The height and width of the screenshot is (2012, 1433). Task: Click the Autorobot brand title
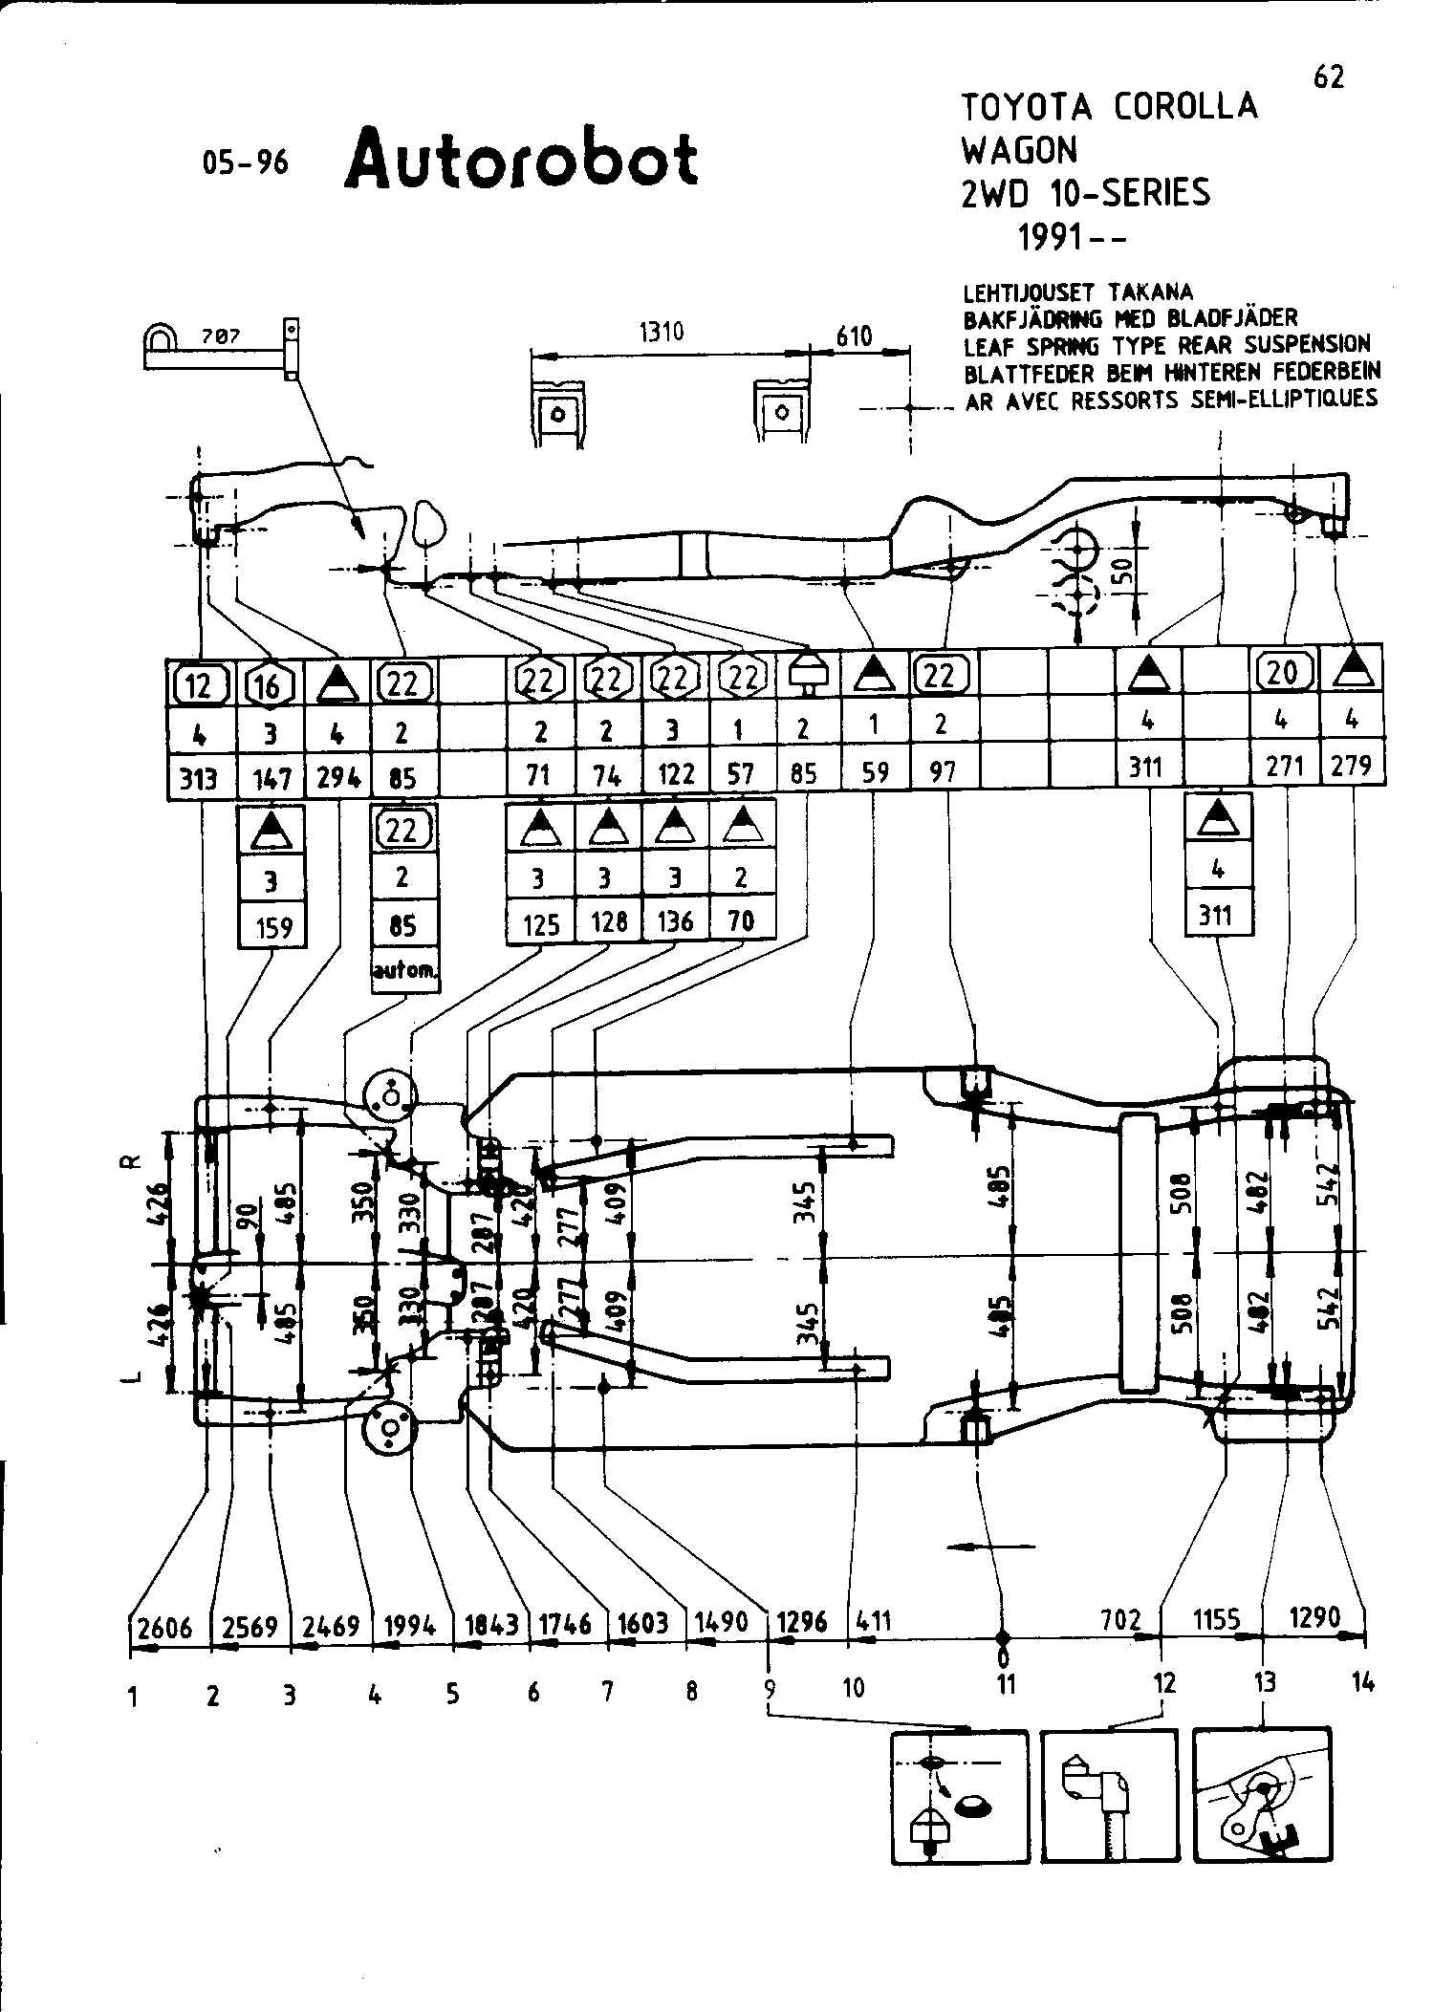(521, 159)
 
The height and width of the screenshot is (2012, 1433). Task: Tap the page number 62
(1328, 76)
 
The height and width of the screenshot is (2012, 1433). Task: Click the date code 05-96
(245, 162)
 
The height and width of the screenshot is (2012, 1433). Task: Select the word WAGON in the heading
(1019, 150)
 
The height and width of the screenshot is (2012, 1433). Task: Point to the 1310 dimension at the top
(662, 332)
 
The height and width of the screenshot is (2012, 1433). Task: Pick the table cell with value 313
(199, 779)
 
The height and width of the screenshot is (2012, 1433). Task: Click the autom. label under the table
(402, 970)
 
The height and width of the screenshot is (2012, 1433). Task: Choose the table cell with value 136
(674, 920)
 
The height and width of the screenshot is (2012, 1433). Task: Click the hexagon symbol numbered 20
(1283, 673)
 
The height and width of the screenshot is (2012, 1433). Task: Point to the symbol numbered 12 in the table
(199, 683)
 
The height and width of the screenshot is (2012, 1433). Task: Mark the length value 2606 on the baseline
(165, 1626)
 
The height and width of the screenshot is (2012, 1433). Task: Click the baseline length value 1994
(410, 1625)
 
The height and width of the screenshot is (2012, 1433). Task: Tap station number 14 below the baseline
(1363, 1683)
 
